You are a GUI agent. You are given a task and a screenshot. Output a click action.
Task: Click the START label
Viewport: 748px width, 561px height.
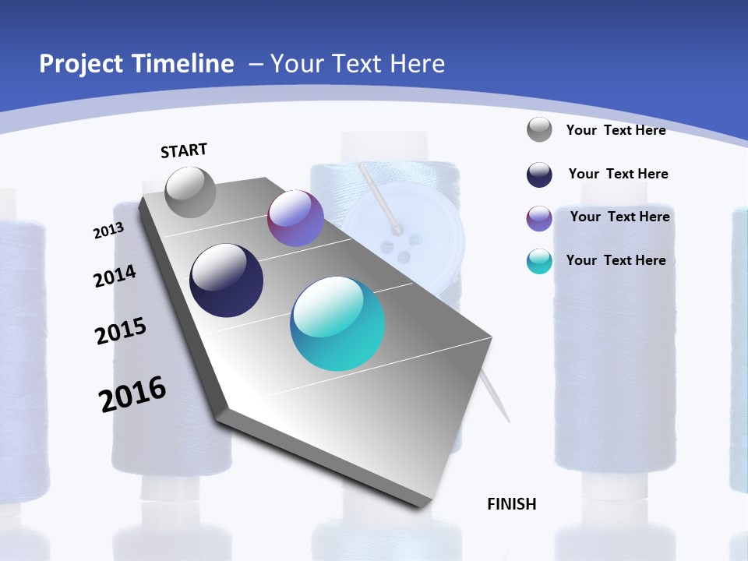tap(184, 150)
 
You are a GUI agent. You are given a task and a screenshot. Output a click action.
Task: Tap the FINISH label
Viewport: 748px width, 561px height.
tap(512, 504)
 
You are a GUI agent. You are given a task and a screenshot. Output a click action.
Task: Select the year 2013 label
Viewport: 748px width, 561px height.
tap(108, 231)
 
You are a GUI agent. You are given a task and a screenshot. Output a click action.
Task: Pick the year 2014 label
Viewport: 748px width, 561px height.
tap(115, 277)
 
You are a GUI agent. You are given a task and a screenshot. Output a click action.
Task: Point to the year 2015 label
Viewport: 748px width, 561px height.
tap(121, 331)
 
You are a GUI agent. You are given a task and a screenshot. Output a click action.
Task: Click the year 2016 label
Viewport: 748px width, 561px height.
tap(132, 394)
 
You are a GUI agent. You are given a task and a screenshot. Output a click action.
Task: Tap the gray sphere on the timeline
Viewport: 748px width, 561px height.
tap(191, 192)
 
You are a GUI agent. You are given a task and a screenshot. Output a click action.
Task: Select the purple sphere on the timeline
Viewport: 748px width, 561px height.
tap(295, 218)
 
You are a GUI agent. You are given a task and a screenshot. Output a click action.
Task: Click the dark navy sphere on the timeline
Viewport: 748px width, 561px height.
tap(227, 280)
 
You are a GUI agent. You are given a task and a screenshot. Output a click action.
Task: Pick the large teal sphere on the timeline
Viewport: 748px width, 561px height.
tap(337, 323)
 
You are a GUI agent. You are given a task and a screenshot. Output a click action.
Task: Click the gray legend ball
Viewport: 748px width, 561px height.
tap(539, 129)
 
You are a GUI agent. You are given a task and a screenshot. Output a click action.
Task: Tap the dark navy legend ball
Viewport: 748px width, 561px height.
tap(539, 175)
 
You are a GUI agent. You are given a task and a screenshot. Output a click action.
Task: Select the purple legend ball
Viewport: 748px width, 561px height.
tap(539, 218)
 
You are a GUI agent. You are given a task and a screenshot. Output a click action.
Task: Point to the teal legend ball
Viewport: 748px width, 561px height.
tap(539, 261)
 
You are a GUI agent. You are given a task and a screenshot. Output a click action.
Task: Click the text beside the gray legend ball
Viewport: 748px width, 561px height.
tap(616, 130)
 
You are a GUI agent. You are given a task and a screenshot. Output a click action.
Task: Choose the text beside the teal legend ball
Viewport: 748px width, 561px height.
tap(616, 260)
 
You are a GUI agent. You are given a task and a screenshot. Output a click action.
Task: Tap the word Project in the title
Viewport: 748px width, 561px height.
tap(78, 64)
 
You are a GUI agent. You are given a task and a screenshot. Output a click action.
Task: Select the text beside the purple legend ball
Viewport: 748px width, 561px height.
tap(619, 217)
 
